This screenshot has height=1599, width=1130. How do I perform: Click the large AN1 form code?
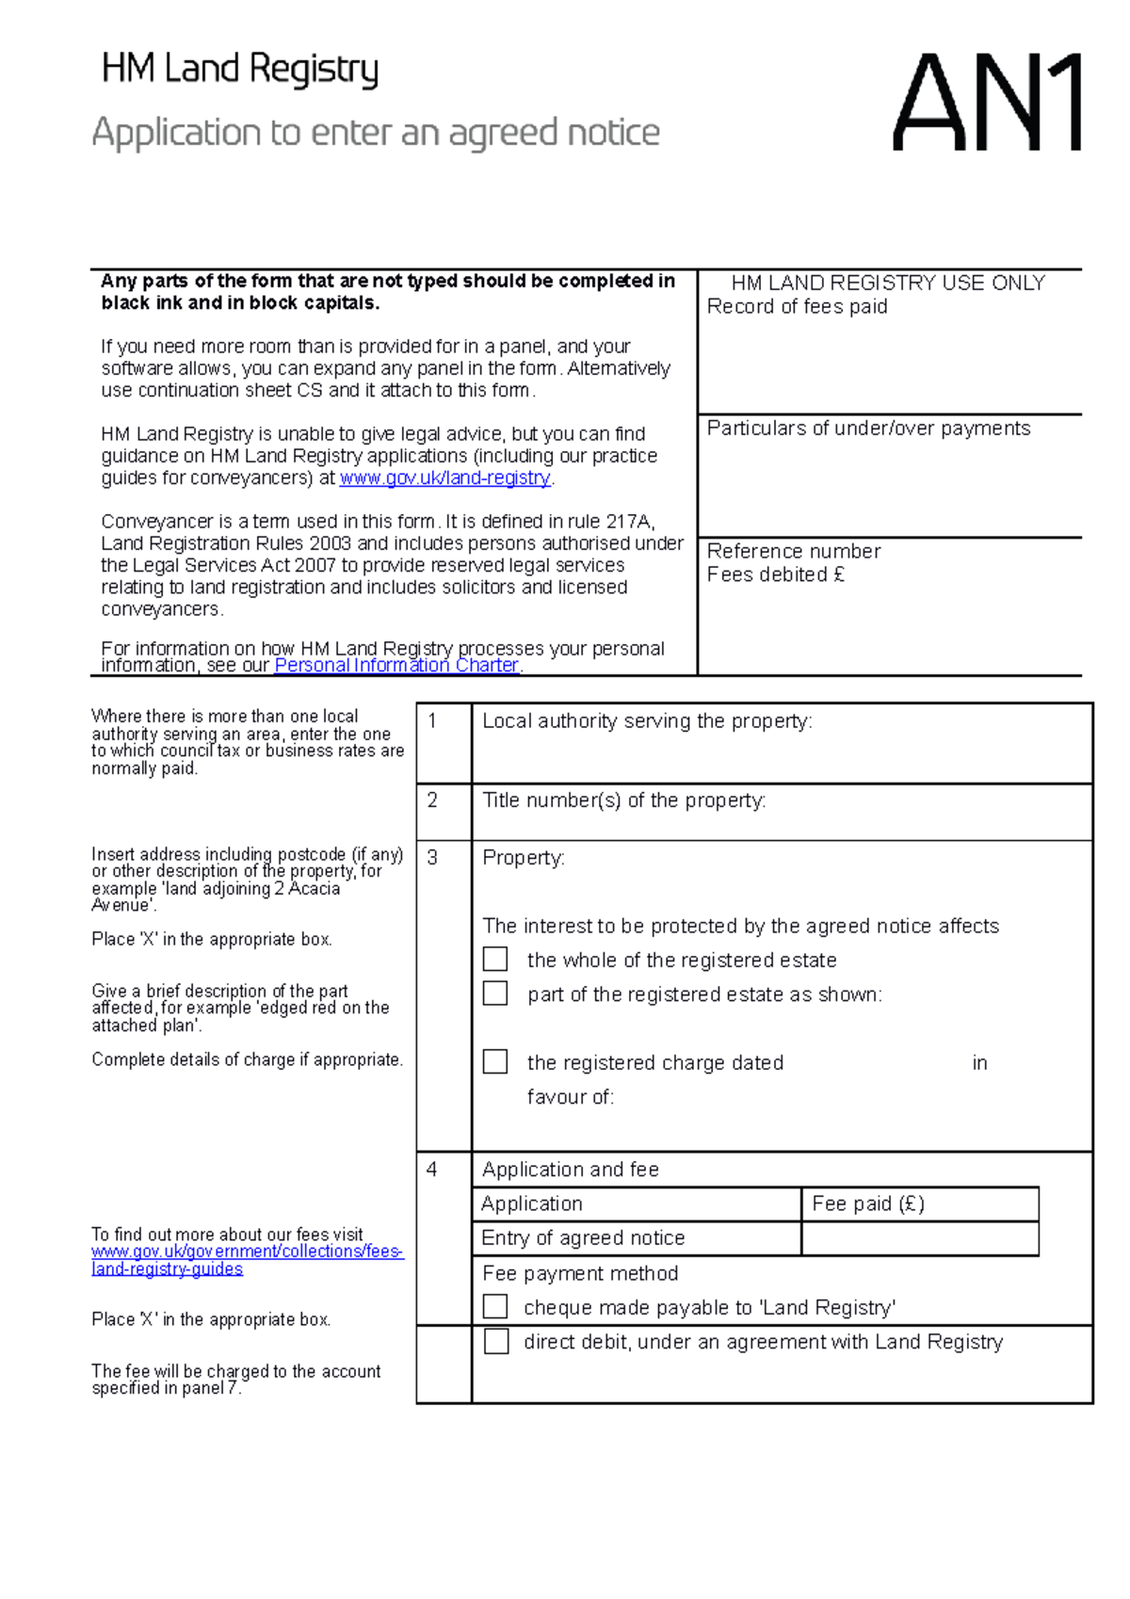[986, 104]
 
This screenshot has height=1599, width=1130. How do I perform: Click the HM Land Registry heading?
[239, 70]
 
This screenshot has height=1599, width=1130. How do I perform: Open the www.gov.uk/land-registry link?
[444, 478]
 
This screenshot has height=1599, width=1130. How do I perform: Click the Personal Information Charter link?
[396, 666]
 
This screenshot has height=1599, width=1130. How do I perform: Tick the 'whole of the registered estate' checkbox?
[495, 960]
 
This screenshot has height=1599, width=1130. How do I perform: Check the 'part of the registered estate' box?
[495, 993]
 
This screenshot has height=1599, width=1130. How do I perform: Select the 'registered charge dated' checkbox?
[495, 1062]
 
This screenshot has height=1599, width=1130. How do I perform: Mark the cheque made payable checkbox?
[495, 1307]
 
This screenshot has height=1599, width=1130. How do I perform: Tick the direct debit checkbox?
[496, 1341]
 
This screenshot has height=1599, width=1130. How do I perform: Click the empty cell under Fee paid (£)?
[919, 1238]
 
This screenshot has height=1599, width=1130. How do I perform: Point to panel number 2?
[432, 800]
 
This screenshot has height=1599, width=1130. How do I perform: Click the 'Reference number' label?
[793, 552]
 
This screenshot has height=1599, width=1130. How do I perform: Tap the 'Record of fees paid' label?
[797, 307]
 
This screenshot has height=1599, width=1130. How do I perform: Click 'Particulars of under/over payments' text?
[868, 428]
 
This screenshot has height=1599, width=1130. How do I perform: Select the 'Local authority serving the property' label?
[647, 721]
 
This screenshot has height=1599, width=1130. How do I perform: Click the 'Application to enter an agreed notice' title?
[376, 133]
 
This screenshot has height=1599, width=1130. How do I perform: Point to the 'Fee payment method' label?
[580, 1273]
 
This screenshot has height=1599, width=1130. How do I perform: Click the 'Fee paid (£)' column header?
[867, 1203]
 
